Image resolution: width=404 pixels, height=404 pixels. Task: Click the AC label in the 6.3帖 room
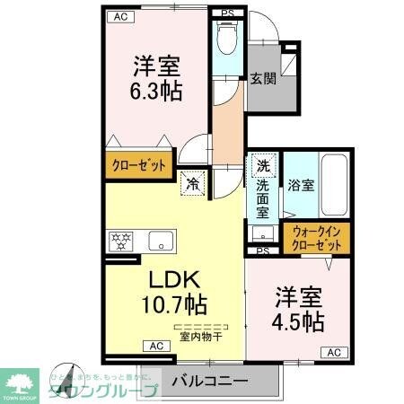[x=118, y=17]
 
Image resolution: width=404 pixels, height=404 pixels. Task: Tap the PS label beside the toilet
[x=229, y=13]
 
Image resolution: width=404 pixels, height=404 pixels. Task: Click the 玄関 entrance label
[x=262, y=78]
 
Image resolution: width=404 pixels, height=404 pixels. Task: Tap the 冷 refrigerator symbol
[x=193, y=182]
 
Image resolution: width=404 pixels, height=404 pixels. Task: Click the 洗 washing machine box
[x=262, y=166]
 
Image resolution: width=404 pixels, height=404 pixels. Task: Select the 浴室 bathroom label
[x=300, y=186]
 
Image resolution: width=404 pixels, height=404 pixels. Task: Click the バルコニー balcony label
[x=209, y=381]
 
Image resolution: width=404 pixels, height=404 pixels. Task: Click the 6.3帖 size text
[x=158, y=92]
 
